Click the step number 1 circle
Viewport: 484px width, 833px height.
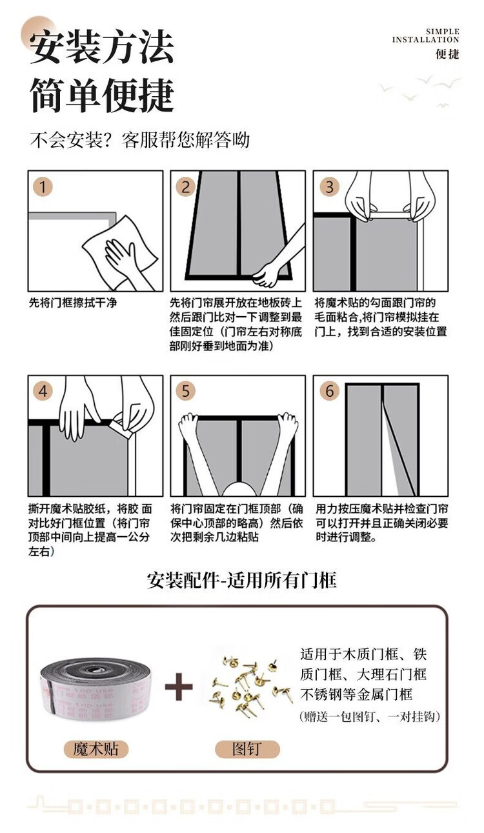pyautogui.click(x=43, y=186)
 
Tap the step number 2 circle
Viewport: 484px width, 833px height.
pyautogui.click(x=186, y=186)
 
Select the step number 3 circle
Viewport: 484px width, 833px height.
pyautogui.click(x=330, y=186)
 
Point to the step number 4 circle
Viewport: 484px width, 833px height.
pyautogui.click(x=43, y=391)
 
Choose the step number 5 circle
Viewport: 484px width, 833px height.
pyautogui.click(x=186, y=391)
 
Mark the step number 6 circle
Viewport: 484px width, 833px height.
pyautogui.click(x=330, y=391)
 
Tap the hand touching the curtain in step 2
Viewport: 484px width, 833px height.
pyautogui.click(x=267, y=274)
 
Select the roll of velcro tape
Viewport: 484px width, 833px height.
pyautogui.click(x=96, y=690)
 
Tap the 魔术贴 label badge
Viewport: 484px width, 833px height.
pyautogui.click(x=96, y=748)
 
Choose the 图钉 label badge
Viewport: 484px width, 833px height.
pyautogui.click(x=247, y=748)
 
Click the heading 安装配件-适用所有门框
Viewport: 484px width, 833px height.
pyautogui.click(x=242, y=580)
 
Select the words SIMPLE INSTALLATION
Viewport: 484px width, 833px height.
pyautogui.click(x=425, y=35)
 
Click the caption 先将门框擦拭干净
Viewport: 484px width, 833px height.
pyautogui.click(x=73, y=303)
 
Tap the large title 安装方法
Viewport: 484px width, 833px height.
pyautogui.click(x=101, y=47)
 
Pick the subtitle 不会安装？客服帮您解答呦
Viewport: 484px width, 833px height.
pyautogui.click(x=139, y=140)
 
